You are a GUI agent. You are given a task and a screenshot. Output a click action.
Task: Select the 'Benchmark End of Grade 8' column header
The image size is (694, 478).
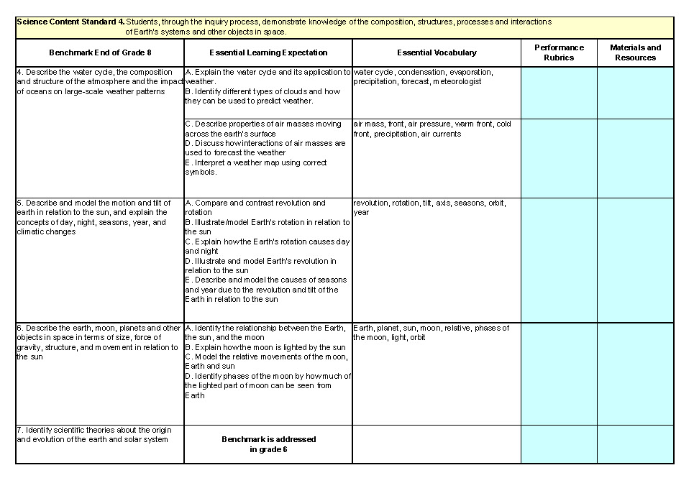(100, 52)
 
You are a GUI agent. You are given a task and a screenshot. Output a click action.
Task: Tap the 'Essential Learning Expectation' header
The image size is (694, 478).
(268, 52)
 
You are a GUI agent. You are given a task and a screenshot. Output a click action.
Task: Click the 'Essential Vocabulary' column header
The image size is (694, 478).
(437, 52)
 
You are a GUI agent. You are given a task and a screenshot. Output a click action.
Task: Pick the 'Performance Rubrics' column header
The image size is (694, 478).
(559, 52)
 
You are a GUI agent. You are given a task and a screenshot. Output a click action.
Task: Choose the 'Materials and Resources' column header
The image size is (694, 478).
(635, 52)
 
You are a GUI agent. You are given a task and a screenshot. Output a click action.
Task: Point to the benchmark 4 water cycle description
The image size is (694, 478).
(99, 82)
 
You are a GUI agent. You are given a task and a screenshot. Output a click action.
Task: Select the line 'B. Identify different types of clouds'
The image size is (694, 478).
(262, 91)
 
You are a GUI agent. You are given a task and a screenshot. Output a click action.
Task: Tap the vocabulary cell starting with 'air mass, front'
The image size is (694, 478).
(432, 129)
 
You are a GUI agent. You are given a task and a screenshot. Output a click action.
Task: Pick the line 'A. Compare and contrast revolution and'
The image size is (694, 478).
(255, 203)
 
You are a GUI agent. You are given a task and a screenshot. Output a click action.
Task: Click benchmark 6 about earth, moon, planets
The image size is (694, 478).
(98, 342)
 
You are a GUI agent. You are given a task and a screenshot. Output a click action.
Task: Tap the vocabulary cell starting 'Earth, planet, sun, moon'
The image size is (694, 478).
(431, 333)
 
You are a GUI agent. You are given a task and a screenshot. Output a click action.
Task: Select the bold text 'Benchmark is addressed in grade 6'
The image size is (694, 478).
(268, 443)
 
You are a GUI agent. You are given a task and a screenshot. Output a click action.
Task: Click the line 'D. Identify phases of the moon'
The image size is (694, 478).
(268, 376)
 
